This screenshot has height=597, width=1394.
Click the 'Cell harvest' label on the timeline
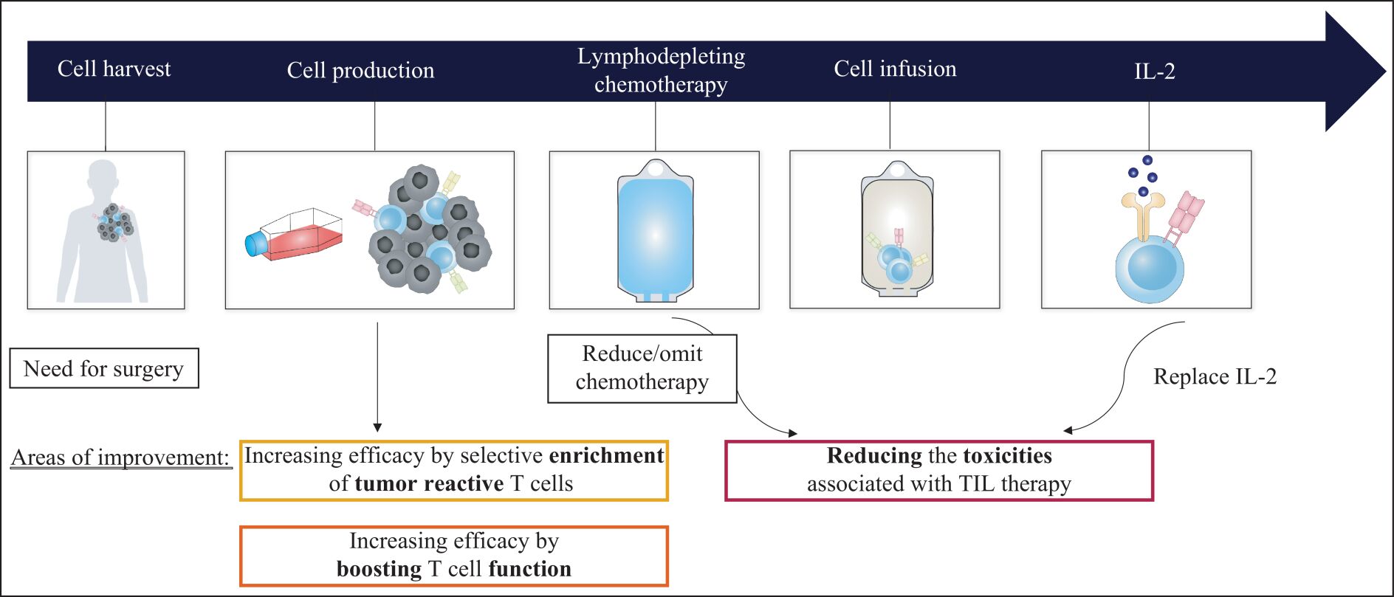[x=114, y=69]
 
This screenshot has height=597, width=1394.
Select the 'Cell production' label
[x=360, y=70]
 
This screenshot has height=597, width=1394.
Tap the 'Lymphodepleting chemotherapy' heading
[x=661, y=70]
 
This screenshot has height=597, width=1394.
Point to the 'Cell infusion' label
[x=895, y=69]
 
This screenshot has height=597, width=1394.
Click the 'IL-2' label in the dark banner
[x=1155, y=71]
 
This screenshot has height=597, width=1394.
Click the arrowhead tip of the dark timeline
[x=1386, y=72]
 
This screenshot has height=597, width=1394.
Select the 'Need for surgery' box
[x=104, y=368]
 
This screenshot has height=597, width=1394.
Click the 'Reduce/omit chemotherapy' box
[x=642, y=368]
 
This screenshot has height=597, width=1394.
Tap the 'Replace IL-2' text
[x=1215, y=376]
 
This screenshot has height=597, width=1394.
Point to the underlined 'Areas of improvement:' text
[x=121, y=458]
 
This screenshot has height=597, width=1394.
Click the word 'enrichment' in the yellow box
[x=606, y=455]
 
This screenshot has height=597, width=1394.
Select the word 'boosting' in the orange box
[x=379, y=569]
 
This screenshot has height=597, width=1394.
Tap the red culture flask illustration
[x=295, y=235]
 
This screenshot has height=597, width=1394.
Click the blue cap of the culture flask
[x=255, y=244]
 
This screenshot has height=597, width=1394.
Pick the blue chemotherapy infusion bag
[x=655, y=231]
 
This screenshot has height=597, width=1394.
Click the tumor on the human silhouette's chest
[x=114, y=223]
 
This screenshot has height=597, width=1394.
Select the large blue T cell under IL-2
[x=1149, y=269]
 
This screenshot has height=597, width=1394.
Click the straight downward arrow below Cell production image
[x=377, y=376]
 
